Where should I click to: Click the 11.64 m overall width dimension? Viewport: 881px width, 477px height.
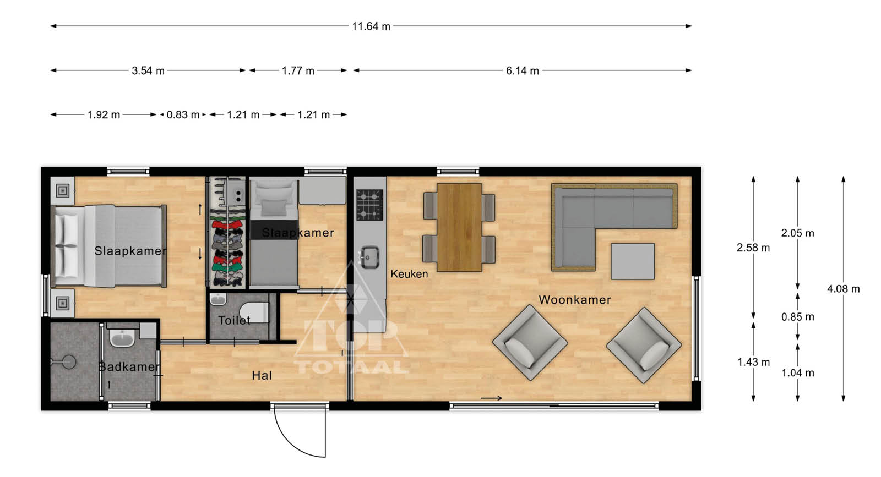[371, 26]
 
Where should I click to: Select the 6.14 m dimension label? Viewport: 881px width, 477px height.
[523, 71]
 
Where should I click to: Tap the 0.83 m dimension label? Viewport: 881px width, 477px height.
[183, 115]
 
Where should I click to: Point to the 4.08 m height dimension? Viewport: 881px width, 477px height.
[843, 289]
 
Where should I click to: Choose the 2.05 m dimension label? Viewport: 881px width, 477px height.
[798, 233]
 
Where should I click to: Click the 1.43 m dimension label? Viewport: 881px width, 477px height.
[754, 362]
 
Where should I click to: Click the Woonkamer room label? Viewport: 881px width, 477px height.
[575, 300]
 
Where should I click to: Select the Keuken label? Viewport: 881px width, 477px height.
[409, 274]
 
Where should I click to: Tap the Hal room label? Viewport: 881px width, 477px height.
[262, 376]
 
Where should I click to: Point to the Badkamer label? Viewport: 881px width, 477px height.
[129, 366]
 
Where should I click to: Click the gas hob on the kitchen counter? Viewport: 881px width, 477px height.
[369, 205]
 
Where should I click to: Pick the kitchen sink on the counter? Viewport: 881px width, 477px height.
[369, 257]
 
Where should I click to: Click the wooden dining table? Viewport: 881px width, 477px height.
[459, 228]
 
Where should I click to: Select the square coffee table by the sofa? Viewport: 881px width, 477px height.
[633, 261]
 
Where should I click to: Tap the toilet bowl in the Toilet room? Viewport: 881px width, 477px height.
[254, 312]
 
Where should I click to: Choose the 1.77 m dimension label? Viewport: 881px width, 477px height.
[298, 71]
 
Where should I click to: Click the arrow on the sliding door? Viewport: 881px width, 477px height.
[492, 398]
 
